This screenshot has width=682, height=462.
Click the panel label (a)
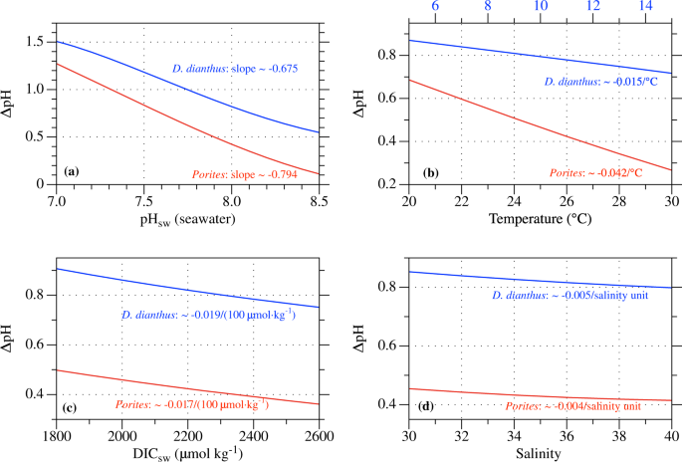(x=71, y=172)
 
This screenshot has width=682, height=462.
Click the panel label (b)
(x=430, y=172)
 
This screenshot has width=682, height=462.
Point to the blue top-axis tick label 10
(x=540, y=7)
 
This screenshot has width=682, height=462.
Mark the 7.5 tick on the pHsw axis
(x=143, y=199)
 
